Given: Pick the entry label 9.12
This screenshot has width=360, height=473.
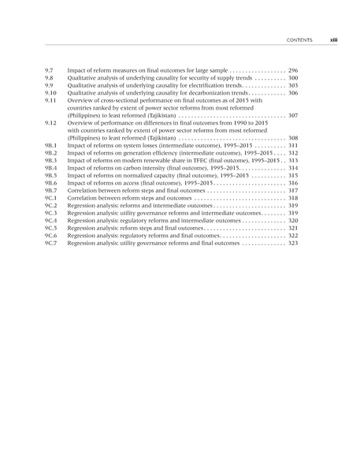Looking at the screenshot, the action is click(50, 123).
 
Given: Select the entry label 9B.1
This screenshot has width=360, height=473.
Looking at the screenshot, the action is click(51, 146).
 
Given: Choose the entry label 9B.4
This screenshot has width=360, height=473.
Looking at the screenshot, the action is click(51, 168).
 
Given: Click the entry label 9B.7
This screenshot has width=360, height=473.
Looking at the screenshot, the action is click(51, 191).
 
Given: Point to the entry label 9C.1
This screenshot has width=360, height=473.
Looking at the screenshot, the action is click(51, 198).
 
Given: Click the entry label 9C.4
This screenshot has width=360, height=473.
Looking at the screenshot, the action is click(51, 221).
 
